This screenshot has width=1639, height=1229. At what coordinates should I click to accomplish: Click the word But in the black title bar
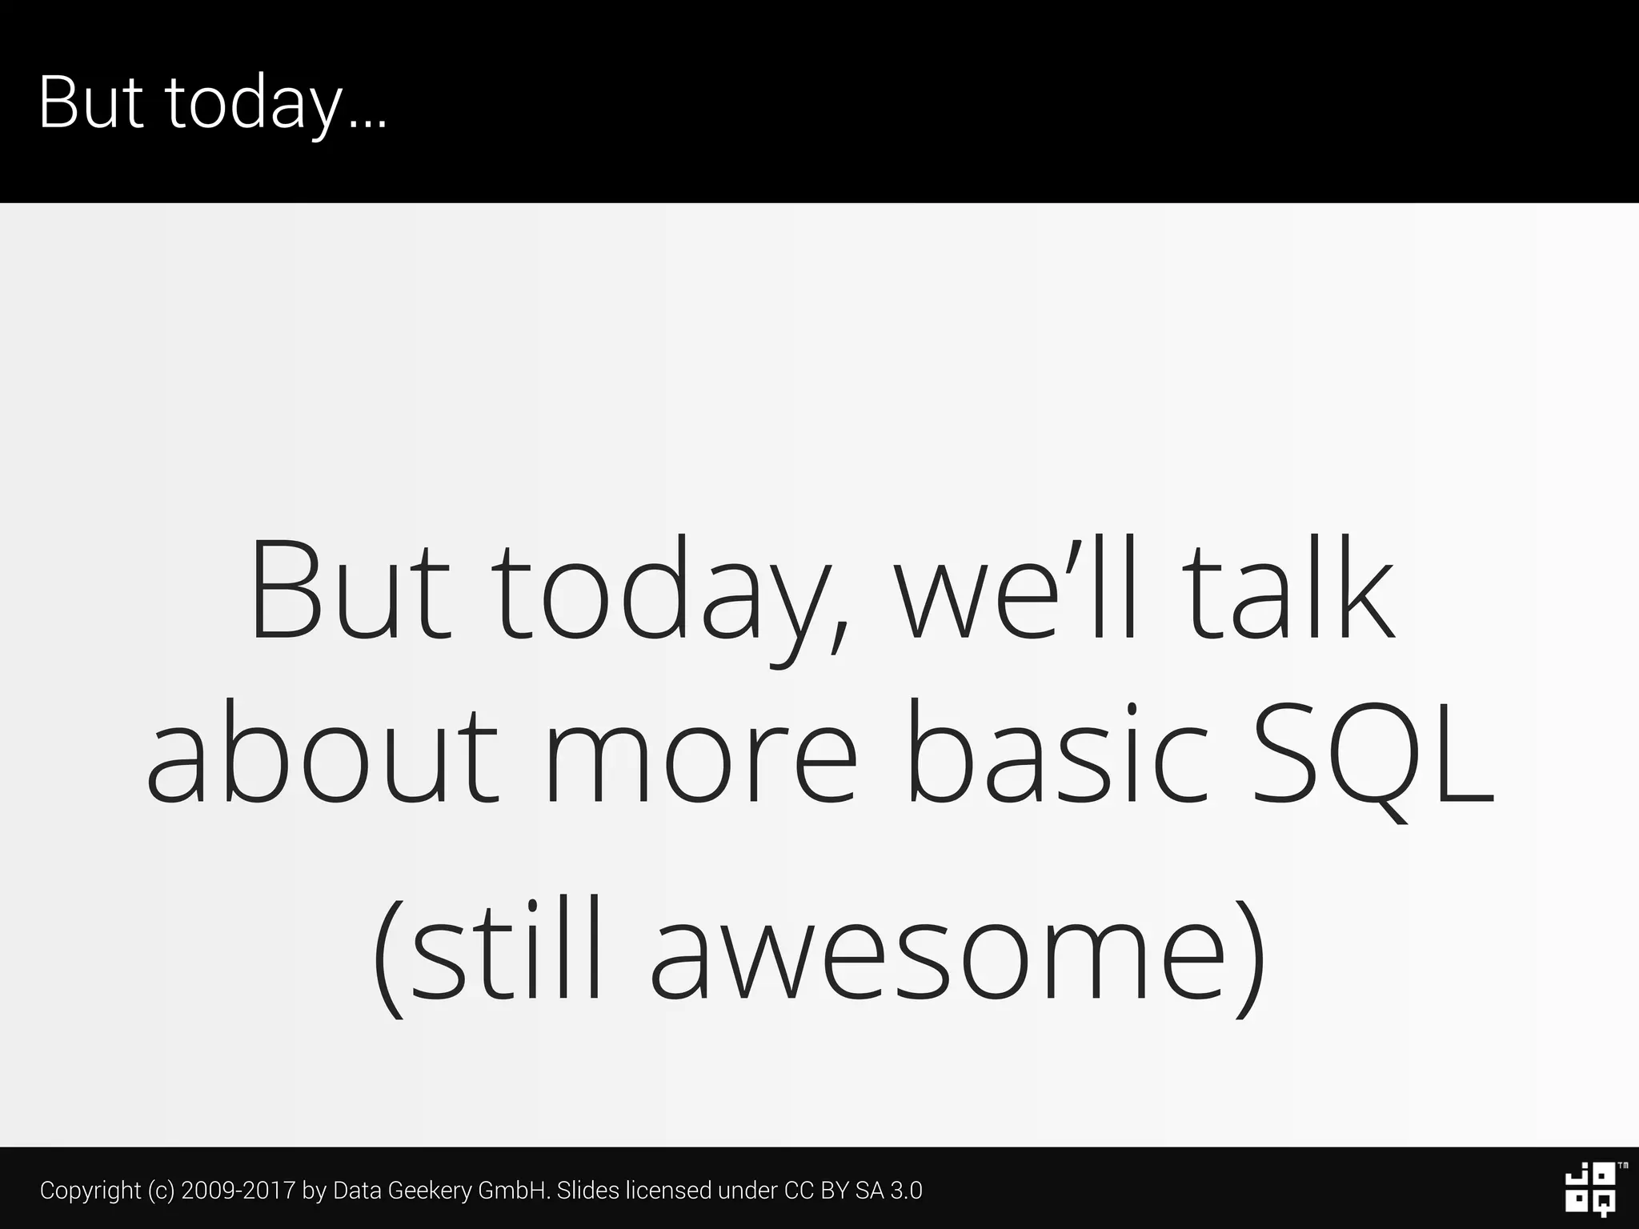(x=90, y=102)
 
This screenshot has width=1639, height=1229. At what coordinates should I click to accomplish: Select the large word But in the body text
(x=351, y=590)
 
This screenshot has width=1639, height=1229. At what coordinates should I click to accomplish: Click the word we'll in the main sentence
(x=1014, y=590)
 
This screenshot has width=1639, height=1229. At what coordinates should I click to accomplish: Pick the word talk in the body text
(x=1289, y=590)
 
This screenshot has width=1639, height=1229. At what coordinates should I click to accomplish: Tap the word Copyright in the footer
(x=90, y=1191)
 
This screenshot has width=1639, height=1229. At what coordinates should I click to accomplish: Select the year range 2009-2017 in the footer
(x=238, y=1191)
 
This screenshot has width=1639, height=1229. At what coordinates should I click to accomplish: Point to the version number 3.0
(x=906, y=1191)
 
